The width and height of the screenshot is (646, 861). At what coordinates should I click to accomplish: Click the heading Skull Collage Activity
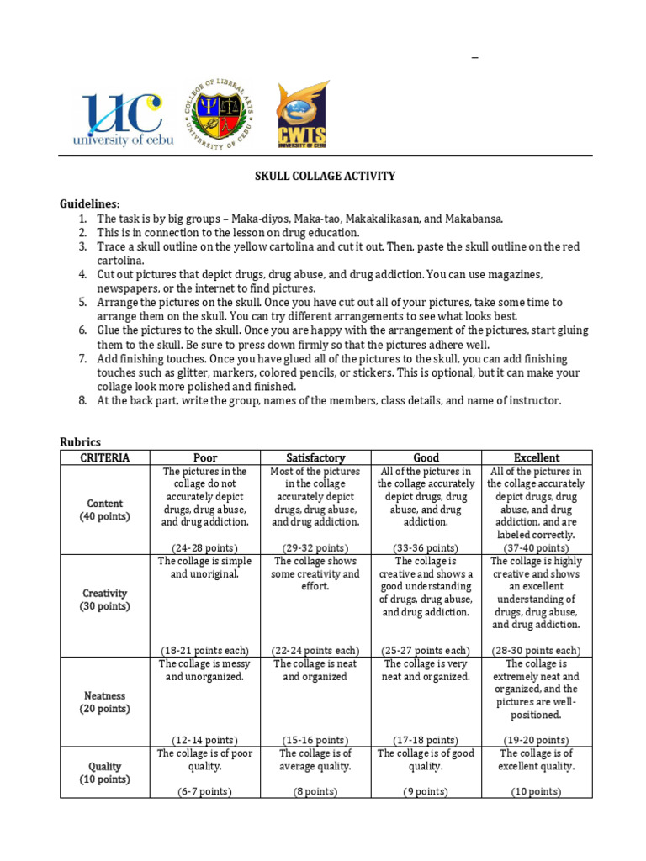[325, 176]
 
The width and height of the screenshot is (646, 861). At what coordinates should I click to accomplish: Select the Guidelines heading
[89, 204]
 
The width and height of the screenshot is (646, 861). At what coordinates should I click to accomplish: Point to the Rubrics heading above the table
[80, 442]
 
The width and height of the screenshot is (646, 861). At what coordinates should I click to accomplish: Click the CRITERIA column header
[105, 457]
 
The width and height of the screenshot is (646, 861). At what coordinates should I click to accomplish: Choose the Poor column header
[205, 457]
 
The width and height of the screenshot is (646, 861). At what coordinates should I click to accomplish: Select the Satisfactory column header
[315, 457]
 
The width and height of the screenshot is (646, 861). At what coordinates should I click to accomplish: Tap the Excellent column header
[537, 457]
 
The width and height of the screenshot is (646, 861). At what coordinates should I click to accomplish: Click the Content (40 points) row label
[105, 510]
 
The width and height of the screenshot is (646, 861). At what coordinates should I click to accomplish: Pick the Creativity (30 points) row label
[105, 600]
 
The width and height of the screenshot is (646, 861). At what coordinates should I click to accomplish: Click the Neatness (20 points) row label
[105, 702]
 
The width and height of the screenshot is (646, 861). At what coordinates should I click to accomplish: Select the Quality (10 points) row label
[105, 773]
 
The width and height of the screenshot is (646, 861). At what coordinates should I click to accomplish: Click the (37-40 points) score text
[537, 547]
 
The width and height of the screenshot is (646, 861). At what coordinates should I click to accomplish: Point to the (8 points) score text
[315, 791]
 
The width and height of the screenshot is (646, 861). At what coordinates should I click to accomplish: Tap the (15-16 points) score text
[315, 740]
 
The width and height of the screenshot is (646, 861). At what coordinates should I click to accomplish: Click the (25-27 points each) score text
[426, 650]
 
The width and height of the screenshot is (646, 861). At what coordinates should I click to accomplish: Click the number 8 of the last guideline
[82, 400]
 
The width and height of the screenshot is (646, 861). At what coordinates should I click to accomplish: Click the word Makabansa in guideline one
[474, 219]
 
